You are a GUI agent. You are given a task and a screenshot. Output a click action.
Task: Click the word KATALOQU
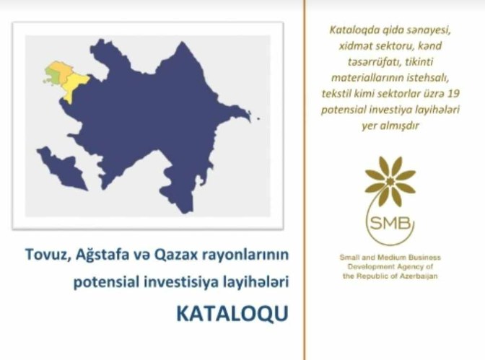232,313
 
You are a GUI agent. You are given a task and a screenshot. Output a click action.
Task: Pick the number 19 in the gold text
453,93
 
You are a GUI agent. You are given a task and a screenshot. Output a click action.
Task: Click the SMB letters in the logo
390,223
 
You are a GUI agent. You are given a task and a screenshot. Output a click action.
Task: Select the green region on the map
51,75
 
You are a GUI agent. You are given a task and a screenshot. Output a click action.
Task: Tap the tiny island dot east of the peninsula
258,118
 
